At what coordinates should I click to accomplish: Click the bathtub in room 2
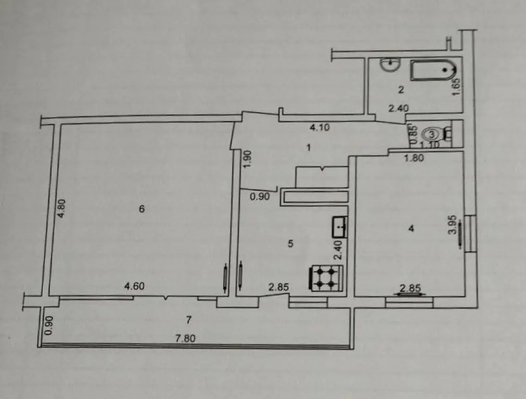[x=433, y=70]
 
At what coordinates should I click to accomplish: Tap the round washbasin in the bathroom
[x=390, y=64]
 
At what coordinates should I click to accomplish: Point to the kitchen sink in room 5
[x=340, y=227]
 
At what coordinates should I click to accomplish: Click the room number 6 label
[x=142, y=209]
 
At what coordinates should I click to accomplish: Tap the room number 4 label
[x=411, y=229]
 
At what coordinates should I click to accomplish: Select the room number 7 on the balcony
[x=188, y=320]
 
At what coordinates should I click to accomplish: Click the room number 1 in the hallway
[x=309, y=148]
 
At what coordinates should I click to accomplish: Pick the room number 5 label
[x=290, y=244]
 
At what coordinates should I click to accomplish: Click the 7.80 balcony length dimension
[x=186, y=338]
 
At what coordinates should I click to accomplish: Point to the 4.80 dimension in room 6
[x=61, y=209]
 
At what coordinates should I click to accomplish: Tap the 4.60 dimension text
[x=134, y=286]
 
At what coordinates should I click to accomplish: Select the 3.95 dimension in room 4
[x=453, y=224]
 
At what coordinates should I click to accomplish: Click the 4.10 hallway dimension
[x=319, y=127]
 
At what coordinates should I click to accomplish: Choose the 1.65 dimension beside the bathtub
[x=456, y=87]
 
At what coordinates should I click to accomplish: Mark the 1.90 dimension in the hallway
[x=247, y=159]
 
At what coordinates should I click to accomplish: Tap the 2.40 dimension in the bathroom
[x=399, y=109]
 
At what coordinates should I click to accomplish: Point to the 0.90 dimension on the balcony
[x=49, y=325]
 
